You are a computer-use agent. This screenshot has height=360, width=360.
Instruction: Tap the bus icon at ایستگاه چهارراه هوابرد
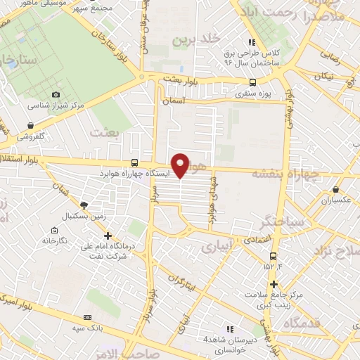[135, 162]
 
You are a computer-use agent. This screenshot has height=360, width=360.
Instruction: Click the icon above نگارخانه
[54, 230]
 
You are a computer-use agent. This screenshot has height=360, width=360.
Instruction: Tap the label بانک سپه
[112, 328]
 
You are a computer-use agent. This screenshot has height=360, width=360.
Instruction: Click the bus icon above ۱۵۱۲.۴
[273, 255]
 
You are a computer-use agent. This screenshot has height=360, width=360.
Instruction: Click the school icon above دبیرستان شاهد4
[229, 328]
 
